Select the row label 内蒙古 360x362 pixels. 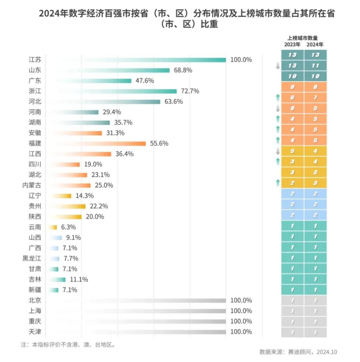pos(32,185)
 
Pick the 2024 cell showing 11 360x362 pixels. pos(315,66)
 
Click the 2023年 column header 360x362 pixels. pos(292,44)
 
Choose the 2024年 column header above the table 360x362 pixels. pos(315,44)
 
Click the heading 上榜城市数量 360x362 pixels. pos(303,38)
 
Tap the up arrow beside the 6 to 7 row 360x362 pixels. pos(277,98)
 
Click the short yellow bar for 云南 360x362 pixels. pos(53,227)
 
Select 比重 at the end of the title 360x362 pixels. pos(209,25)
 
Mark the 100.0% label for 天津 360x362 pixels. pos(241,332)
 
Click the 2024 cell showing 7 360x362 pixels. pos(315,98)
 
